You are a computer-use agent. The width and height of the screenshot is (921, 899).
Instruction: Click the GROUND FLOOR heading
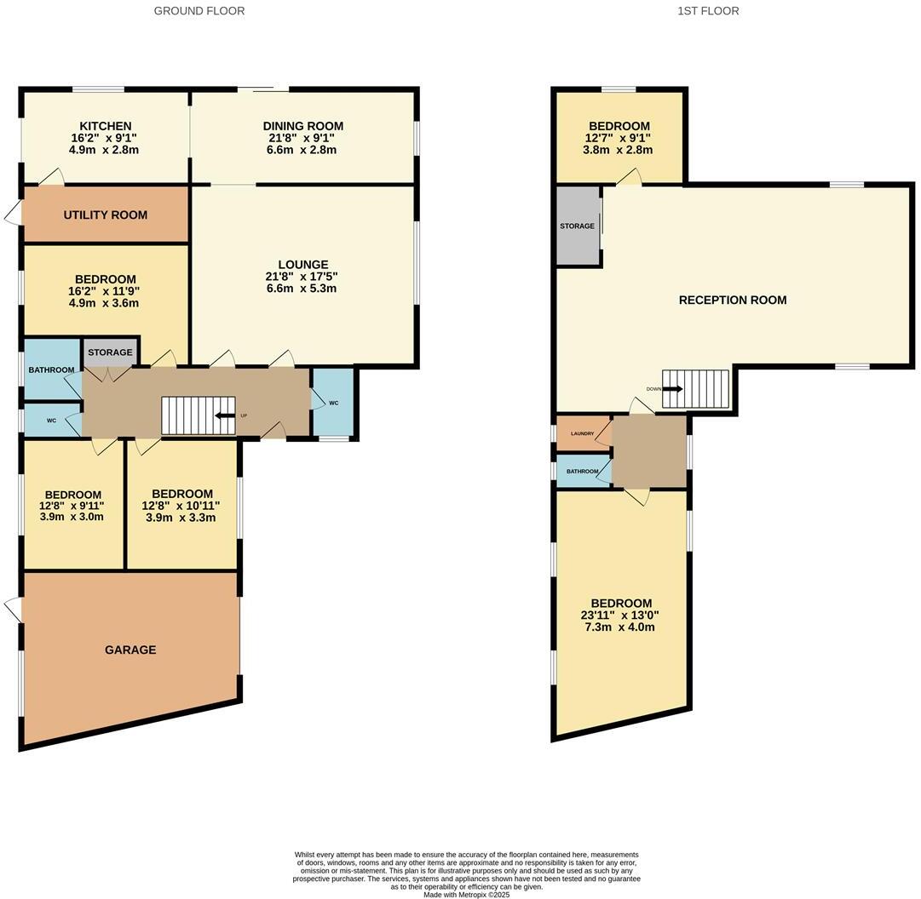[x=199, y=11]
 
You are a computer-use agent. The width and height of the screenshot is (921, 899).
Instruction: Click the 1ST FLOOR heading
[x=708, y=11]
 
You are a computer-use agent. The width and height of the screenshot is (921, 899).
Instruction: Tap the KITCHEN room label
[x=105, y=126]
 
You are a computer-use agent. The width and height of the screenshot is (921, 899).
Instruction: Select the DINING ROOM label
[x=302, y=126]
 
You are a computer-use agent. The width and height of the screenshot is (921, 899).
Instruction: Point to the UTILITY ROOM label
[x=105, y=215]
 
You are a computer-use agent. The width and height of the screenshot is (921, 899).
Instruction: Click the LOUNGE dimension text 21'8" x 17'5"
[x=301, y=277]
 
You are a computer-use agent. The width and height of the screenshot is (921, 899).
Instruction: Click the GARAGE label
[x=130, y=650]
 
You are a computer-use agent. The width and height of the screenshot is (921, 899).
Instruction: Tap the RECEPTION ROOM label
[x=732, y=300]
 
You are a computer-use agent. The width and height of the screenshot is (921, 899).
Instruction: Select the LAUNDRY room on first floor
[x=583, y=433]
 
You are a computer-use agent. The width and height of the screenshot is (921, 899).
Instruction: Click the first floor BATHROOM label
[x=583, y=471]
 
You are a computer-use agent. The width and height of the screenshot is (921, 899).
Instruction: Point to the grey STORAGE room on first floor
[x=578, y=226]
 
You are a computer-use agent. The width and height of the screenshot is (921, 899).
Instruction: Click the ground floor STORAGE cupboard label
[x=110, y=352]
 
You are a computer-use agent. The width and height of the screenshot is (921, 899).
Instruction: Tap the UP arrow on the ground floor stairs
[x=225, y=415]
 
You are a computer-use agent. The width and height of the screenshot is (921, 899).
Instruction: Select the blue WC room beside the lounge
[x=333, y=403]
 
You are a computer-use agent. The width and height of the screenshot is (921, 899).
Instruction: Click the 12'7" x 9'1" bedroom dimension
[x=618, y=138]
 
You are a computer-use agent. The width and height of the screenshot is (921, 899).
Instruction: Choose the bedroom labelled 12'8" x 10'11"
[x=181, y=505]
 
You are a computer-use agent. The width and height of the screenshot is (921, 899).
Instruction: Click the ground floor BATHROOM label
[x=51, y=370]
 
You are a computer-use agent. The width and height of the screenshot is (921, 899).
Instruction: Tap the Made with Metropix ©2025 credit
[x=466, y=894]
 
